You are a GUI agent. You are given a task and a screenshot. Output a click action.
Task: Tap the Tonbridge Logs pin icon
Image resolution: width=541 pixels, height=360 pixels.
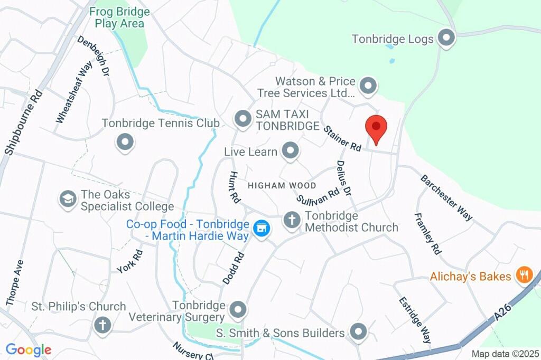pyautogui.click(x=447, y=39)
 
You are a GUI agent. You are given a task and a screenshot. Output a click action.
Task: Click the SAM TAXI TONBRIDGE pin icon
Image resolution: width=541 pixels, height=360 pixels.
pyautogui.click(x=243, y=119)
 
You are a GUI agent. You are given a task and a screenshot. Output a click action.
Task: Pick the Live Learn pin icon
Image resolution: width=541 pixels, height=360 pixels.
pyautogui.click(x=290, y=151)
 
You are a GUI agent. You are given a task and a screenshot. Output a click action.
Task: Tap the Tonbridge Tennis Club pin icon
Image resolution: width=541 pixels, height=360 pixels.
pyautogui.click(x=125, y=142)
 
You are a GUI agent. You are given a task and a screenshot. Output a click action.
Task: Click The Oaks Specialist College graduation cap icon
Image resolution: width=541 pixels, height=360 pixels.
pyautogui.click(x=68, y=199)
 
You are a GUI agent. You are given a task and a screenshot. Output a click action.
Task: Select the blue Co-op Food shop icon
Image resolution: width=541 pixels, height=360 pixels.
pyautogui.click(x=261, y=229)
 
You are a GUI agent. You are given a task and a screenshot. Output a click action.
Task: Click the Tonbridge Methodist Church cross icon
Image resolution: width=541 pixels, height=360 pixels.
pyautogui.click(x=292, y=220)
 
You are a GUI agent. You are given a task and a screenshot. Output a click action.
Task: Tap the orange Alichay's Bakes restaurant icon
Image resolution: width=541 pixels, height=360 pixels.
pyautogui.click(x=524, y=275)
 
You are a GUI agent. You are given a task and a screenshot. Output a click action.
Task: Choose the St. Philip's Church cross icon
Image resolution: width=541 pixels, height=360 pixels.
pyautogui.click(x=102, y=325)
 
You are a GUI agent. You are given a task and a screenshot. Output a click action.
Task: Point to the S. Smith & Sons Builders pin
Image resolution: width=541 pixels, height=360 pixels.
pyautogui.click(x=359, y=332)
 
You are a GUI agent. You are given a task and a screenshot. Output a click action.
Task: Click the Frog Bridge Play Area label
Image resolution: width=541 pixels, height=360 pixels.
pyautogui.click(x=119, y=17)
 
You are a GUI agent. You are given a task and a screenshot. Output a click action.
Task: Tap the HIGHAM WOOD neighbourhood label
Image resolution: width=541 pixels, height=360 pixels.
pyautogui.click(x=282, y=186)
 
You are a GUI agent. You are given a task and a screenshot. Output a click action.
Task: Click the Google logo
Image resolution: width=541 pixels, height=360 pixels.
pyautogui.click(x=29, y=349)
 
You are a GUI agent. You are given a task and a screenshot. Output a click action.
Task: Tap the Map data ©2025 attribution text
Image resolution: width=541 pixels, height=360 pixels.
pyautogui.click(x=505, y=354)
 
